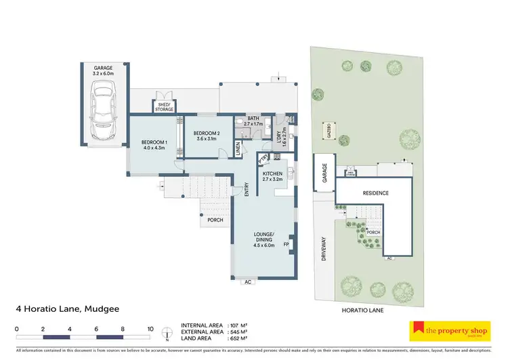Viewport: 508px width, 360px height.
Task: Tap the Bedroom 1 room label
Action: tap(154, 145)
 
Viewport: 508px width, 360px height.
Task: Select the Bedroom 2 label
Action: tap(207, 136)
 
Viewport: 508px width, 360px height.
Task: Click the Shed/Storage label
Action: tap(165, 106)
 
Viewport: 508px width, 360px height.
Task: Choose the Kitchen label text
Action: tap(272, 176)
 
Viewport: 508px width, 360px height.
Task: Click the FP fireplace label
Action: tap(286, 244)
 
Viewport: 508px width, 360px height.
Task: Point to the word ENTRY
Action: tap(247, 193)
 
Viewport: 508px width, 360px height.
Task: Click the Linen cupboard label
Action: tap(240, 148)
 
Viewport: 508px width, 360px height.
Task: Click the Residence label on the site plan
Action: tap(376, 193)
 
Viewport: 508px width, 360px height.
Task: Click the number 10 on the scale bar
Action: tap(150, 329)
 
